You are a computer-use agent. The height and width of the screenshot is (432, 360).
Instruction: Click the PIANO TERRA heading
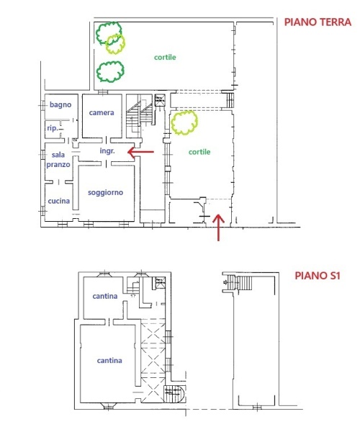pos(318,22)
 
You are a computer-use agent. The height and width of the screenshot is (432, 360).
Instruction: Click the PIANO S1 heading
pos(318,276)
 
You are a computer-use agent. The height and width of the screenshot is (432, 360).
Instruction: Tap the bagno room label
pos(60,104)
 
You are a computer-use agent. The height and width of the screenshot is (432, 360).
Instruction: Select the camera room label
pos(102,112)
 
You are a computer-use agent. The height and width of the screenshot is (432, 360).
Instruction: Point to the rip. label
pos(53,128)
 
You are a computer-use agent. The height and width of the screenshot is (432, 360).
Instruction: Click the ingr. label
pos(107,151)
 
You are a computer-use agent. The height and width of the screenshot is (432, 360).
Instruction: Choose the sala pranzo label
pos(58,160)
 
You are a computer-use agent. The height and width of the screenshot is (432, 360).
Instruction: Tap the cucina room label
pos(58,201)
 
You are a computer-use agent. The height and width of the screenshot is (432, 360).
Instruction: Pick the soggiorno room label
pos(106,192)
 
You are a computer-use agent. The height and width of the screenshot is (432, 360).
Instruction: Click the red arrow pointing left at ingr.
pos(140,151)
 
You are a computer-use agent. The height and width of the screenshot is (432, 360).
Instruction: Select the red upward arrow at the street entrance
pos(218,228)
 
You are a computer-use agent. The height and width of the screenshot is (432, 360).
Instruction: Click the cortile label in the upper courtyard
pos(165,58)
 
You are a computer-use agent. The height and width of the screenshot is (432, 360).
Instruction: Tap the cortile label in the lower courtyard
pos(199,152)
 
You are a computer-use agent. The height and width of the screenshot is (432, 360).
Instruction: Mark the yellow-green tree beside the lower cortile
pos(184,123)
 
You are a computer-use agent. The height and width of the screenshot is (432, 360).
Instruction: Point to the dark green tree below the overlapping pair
pos(110,72)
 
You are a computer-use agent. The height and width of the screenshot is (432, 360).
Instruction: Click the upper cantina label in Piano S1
pos(105,296)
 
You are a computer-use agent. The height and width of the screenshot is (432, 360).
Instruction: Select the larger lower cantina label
pos(109,361)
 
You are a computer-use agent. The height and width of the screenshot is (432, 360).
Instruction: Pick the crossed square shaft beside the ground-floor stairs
pos(160,100)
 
